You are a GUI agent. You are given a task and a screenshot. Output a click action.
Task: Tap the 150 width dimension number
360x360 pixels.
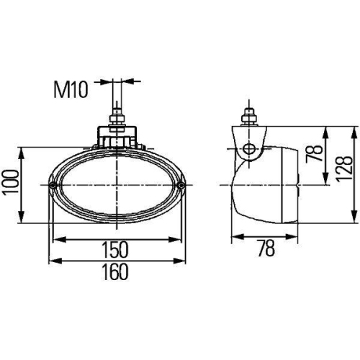pos(115,250)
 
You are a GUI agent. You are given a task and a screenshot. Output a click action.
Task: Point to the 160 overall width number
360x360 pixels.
pos(115,271)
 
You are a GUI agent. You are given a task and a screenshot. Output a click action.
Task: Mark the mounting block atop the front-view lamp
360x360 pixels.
pos(115,136)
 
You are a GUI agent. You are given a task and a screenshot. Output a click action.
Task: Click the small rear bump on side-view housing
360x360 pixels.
pos(296,185)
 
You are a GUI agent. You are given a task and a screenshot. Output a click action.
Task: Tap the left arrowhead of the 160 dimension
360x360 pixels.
pos(52,260)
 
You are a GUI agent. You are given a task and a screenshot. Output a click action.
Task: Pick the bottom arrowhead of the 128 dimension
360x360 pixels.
pos(353,219)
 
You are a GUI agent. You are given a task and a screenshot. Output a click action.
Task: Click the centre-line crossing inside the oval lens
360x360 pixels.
pos(115,186)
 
